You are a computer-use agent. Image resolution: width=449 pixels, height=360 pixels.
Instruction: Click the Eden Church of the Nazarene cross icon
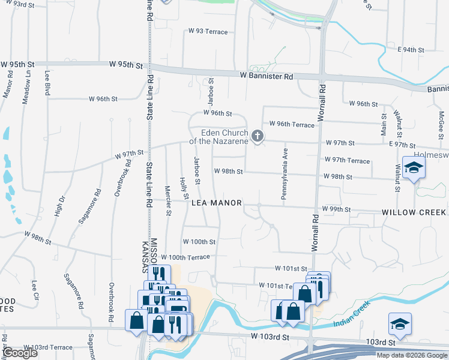pos(258,136)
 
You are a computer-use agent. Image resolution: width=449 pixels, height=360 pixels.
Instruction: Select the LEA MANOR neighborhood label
pos(216,203)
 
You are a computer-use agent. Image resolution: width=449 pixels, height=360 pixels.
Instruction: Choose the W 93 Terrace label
pos(208,31)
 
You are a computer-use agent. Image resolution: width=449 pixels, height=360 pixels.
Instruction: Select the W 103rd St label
pos(270,338)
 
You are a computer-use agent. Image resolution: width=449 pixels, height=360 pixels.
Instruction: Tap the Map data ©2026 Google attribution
pos(412,355)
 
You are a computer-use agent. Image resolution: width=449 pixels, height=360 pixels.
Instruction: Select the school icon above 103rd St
pos(400,323)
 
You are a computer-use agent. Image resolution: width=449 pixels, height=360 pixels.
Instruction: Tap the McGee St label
pos(441,124)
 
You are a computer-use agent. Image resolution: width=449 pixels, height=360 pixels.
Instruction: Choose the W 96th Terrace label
pos(292,124)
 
